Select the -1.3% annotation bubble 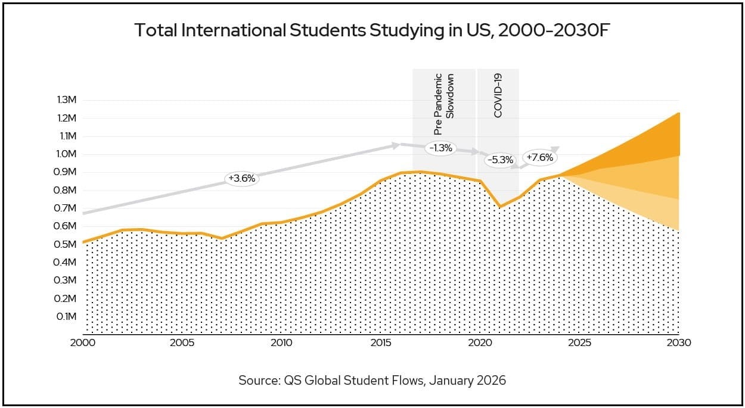coord(440,148)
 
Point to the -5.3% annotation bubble coord(499,160)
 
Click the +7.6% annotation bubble coord(540,158)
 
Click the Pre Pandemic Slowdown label coord(444,103)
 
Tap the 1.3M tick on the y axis coord(67,99)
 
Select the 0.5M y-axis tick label coord(67,244)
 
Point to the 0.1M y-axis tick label coord(67,316)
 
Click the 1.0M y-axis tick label coord(67,154)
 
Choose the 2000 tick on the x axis coord(83,343)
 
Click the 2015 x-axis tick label coord(381,343)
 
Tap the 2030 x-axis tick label coord(679,343)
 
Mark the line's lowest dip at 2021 coord(500,207)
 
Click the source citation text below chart coord(372,380)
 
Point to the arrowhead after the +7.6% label coord(557,148)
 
